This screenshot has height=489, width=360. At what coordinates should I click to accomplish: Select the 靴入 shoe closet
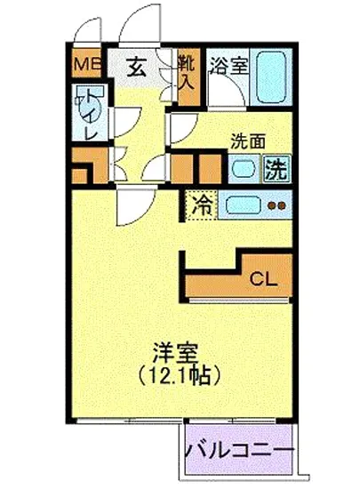point(187,71)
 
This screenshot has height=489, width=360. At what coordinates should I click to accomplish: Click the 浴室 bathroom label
point(228,65)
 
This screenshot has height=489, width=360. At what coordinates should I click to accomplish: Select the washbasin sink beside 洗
point(243,166)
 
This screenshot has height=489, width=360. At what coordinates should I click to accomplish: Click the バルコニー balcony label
point(241,450)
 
